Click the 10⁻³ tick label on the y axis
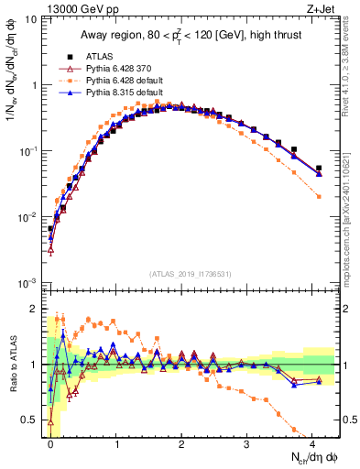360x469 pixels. [31, 282]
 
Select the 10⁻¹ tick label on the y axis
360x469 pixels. [31, 151]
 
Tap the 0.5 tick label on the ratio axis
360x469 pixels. [33, 420]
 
